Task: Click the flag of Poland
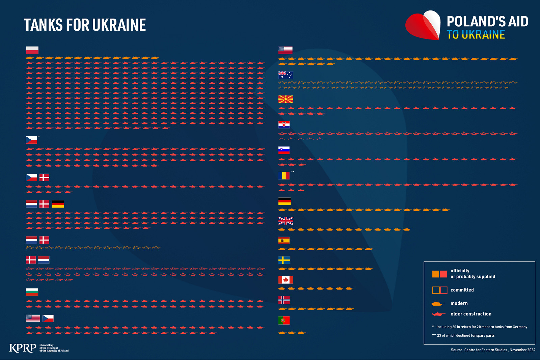tap(32, 50)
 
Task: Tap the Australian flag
tap(286, 75)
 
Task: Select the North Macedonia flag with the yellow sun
tap(286, 99)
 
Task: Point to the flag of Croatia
tap(284, 125)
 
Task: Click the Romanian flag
tap(284, 176)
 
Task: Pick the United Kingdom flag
tap(286, 221)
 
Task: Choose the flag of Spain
tap(284, 241)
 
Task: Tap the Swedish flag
tap(284, 260)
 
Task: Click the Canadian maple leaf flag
tap(286, 280)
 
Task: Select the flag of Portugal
tap(284, 320)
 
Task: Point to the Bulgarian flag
tap(32, 292)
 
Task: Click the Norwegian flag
tap(284, 300)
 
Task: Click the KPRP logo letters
tap(23, 348)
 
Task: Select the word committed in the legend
tap(462, 290)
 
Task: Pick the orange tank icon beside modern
tap(438, 304)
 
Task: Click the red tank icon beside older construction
tap(438, 314)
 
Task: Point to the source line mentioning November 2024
tap(493, 350)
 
